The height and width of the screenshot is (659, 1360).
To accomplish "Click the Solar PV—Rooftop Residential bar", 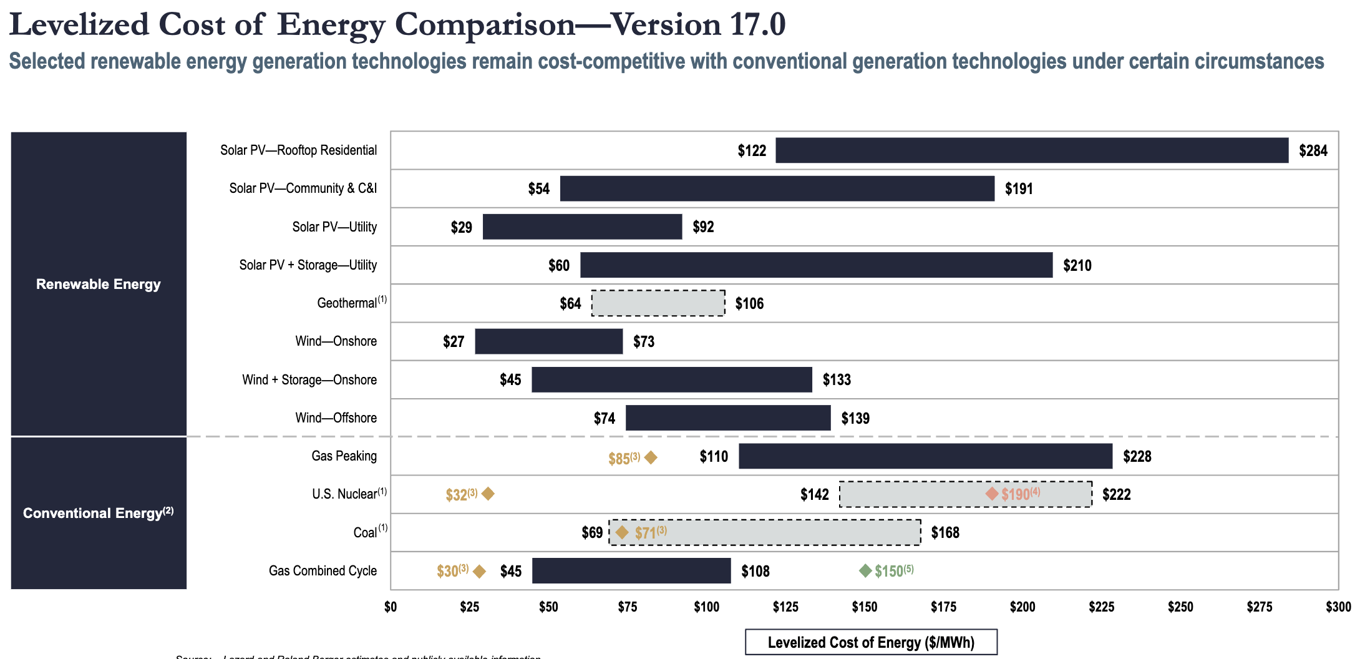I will click(x=1032, y=150).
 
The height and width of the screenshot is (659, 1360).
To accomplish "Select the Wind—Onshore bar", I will click(x=548, y=341).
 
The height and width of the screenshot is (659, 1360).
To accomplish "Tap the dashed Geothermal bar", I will click(x=658, y=303).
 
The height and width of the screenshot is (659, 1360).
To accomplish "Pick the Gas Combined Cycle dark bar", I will click(x=631, y=571).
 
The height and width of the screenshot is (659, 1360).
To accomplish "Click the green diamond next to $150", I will click(x=865, y=570).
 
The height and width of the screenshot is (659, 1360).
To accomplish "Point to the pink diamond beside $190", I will click(x=992, y=494).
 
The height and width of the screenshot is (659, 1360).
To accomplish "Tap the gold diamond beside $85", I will click(x=651, y=458).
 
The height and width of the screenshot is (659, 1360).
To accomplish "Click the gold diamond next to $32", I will click(x=488, y=494).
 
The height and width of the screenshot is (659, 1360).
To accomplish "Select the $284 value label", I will click(x=1313, y=151).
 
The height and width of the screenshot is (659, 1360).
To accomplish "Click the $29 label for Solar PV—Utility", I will click(x=462, y=227).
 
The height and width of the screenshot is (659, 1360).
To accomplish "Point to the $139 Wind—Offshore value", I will click(x=855, y=418).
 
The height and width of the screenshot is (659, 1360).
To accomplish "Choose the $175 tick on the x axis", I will click(x=943, y=607).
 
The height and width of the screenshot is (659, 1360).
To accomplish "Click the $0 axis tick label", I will click(x=391, y=607).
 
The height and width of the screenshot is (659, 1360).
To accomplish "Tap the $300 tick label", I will click(x=1338, y=607).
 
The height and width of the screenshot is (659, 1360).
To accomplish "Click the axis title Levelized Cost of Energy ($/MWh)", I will click(x=871, y=642).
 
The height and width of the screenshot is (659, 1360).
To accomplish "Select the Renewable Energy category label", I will click(x=99, y=284).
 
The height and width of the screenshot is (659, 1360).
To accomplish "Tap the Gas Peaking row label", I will click(x=344, y=456).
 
